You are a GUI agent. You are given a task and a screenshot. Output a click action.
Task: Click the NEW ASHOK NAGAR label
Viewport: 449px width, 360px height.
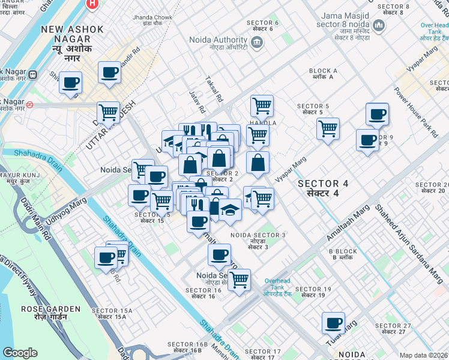(72, 29)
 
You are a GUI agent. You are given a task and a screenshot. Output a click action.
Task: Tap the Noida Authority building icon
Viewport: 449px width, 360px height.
(258, 41)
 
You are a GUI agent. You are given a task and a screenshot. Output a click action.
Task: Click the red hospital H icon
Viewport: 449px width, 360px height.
(92, 4)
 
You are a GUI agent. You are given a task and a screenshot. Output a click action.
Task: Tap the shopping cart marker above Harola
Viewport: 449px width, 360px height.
(262, 106)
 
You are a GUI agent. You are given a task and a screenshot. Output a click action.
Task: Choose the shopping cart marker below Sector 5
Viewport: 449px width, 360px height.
(328, 128)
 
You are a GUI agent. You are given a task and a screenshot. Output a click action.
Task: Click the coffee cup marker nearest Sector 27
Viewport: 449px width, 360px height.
(333, 322)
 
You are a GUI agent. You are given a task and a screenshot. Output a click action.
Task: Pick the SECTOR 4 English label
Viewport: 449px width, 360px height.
(323, 183)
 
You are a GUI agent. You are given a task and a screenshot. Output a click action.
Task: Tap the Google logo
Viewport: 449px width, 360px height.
(20, 353)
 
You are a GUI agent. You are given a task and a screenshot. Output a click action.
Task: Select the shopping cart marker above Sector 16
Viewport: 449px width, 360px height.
(239, 279)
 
